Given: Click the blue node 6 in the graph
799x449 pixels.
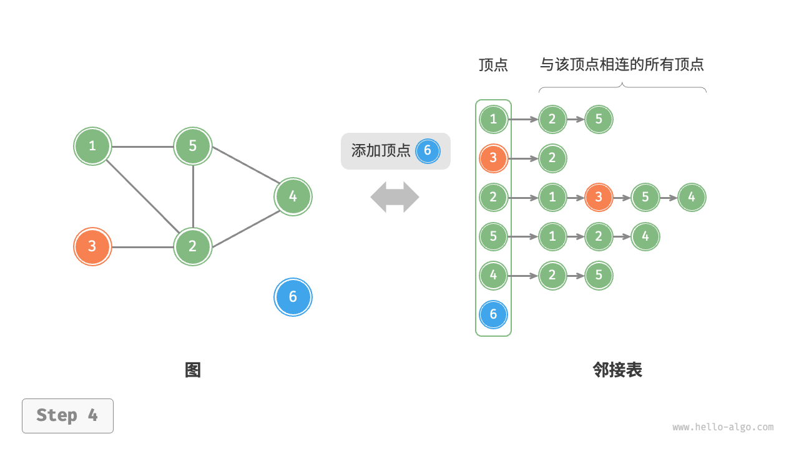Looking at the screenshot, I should coord(293,297).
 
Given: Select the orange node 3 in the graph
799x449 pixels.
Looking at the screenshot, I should coord(92,246).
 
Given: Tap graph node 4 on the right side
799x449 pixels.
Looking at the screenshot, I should coord(293,196).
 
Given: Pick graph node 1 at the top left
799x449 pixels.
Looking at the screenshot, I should coord(92,146).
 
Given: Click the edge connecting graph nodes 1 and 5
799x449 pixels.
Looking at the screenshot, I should coord(142,147).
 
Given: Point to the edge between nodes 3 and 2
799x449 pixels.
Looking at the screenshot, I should coord(142,247).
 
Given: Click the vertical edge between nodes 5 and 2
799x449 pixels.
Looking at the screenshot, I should coord(193,196).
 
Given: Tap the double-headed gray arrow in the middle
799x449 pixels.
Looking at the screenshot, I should coord(395,197).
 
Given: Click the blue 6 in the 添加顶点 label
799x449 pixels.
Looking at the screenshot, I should coord(428,150).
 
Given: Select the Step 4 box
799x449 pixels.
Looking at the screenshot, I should coord(67,415).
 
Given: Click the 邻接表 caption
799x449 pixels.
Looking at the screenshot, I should coord(617,370).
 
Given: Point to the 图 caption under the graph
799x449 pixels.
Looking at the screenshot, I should coord(193,370).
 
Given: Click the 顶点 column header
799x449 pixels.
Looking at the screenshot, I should coord(493,65).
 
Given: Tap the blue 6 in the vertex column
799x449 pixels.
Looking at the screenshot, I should coord(493,314).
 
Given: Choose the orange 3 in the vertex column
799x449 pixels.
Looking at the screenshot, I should coord(493,158).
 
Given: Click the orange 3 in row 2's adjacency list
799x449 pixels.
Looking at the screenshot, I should coord(599,198).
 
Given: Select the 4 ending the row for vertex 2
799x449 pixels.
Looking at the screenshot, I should coord(692,198).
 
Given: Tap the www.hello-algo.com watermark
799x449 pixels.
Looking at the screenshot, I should coord(723,427).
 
